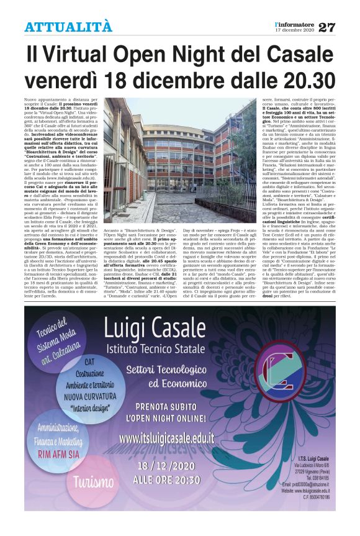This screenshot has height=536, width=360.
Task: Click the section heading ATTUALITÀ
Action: [x=68, y=27]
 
